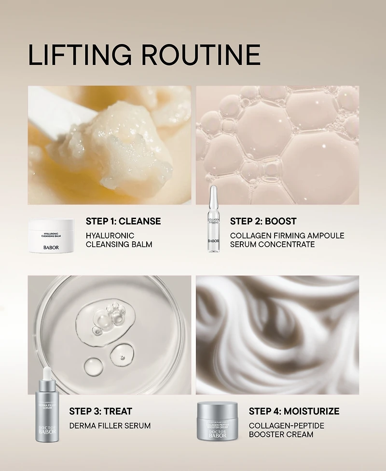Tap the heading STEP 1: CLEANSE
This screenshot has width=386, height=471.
(123, 222)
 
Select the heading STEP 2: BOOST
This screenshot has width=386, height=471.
(263, 222)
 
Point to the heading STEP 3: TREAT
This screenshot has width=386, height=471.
(100, 411)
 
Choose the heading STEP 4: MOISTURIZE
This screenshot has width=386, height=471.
(294, 411)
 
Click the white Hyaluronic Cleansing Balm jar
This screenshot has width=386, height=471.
(51, 236)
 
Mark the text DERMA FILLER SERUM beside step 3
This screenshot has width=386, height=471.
(110, 426)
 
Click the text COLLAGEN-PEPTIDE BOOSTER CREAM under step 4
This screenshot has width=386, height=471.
(287, 430)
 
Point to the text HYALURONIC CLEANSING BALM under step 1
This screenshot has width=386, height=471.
(119, 240)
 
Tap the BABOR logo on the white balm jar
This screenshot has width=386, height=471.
(51, 247)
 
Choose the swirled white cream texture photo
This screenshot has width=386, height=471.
(277, 335)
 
